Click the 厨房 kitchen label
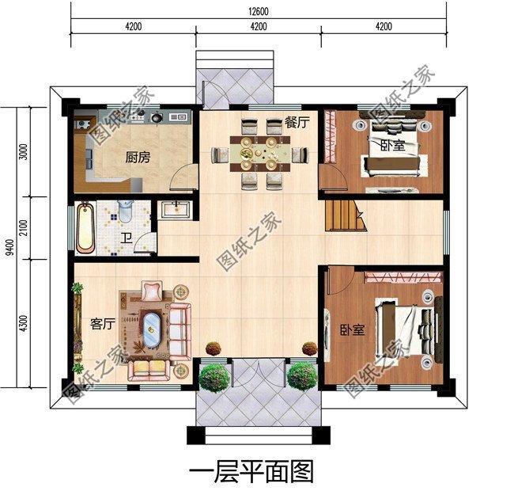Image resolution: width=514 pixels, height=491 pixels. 137,157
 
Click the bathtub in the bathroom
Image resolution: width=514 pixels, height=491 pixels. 85,227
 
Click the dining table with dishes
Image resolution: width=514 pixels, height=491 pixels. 258,151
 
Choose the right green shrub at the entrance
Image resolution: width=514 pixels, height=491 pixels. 301,375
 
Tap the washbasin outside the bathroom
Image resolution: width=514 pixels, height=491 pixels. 174,210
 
